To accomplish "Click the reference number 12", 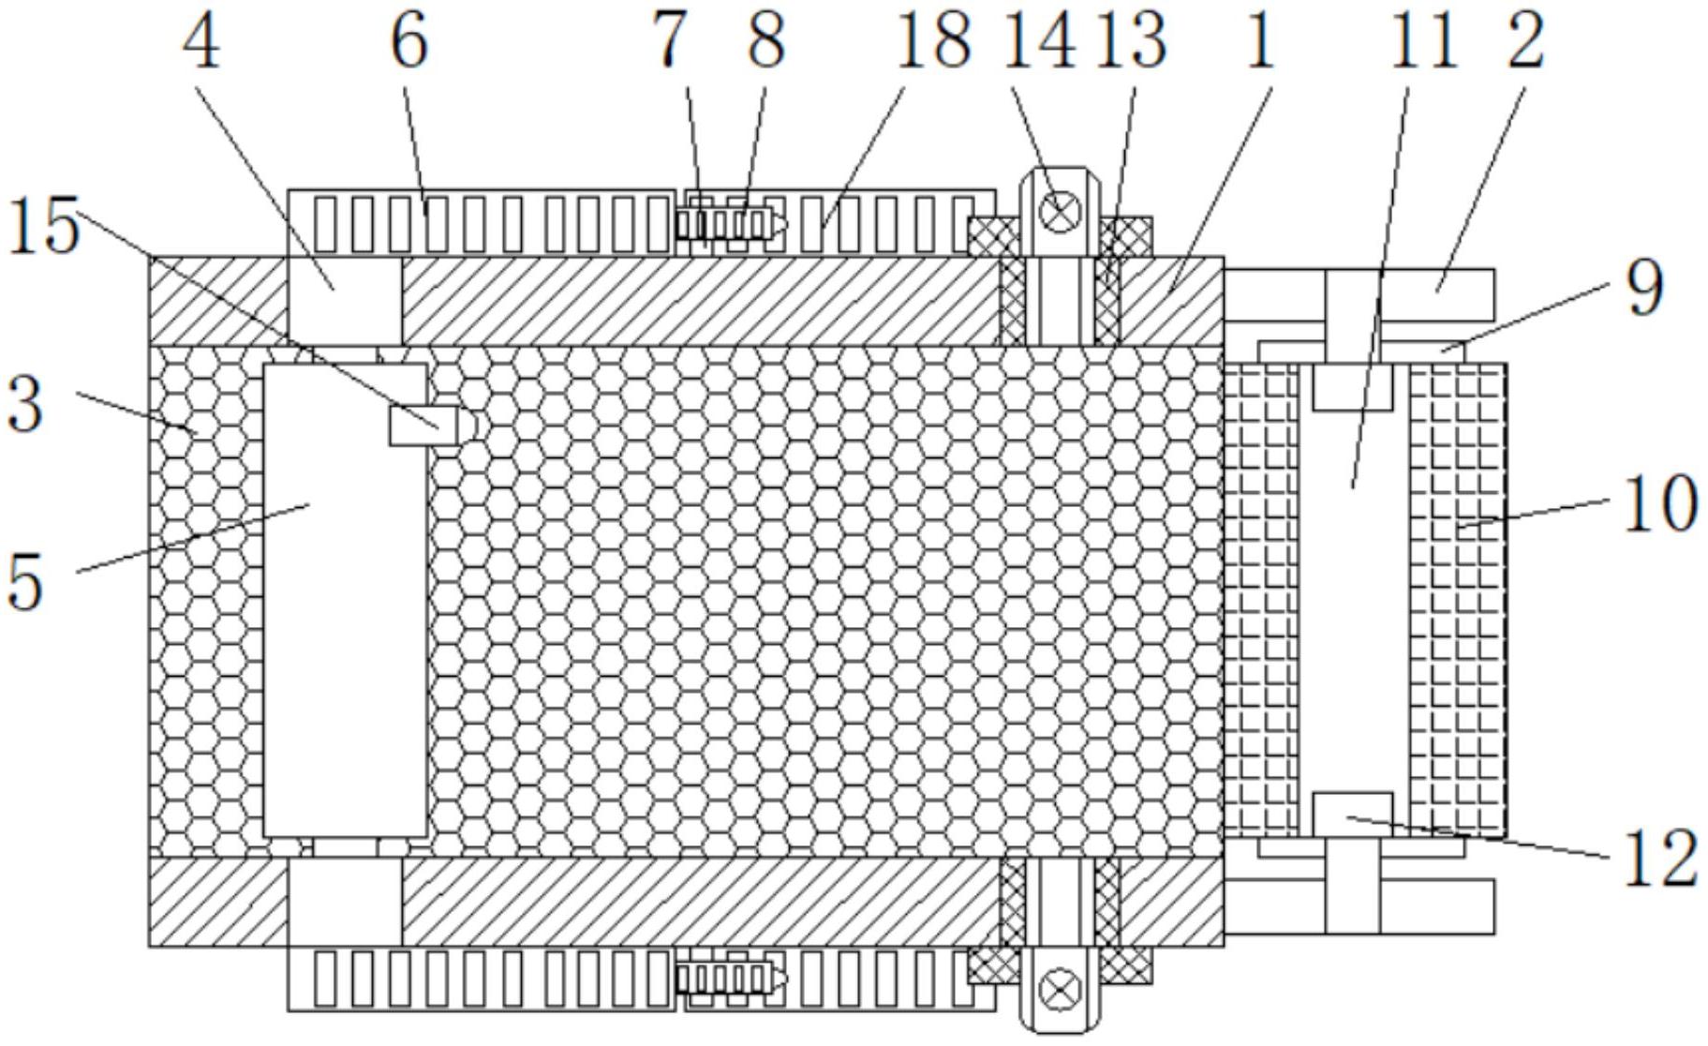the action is point(1660,859).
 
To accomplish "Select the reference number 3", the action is point(25,405).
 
